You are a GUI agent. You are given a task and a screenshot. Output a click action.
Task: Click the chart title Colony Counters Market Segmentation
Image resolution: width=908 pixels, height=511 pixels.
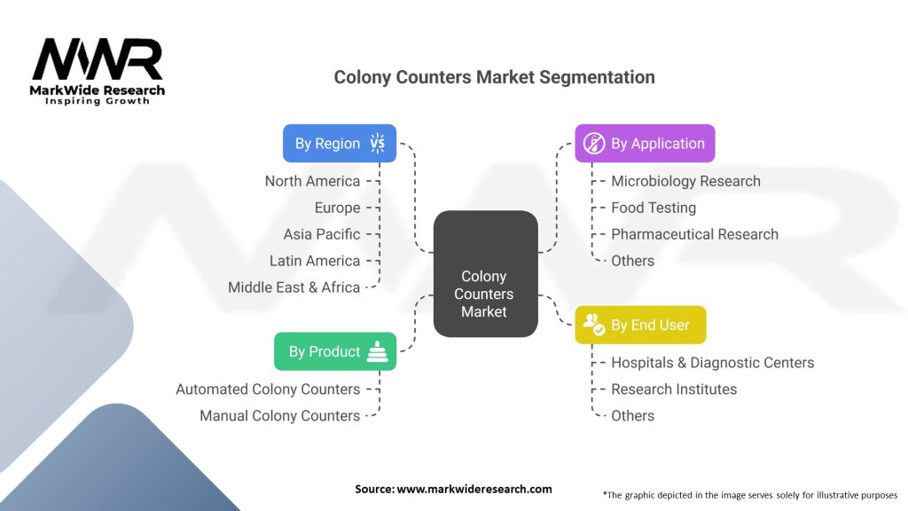point(494,77)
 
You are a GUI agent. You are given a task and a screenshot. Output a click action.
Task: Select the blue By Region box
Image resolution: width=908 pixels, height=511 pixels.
point(339,144)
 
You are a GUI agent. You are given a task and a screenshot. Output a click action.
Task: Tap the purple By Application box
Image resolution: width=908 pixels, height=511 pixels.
point(645,144)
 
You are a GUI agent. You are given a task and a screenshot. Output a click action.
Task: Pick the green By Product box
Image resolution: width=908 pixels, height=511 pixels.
point(335,351)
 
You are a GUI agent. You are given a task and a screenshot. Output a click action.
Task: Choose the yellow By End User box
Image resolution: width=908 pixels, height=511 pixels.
point(640,325)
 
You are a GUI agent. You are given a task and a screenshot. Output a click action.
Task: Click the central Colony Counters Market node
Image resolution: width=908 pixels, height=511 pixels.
point(484,294)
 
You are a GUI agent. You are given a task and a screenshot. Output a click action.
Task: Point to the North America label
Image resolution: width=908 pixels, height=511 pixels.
point(312,181)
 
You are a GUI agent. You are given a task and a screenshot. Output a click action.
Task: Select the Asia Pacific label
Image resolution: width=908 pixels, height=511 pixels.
point(322,234)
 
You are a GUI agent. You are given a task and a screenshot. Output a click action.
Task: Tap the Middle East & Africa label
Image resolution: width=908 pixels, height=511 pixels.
point(294,287)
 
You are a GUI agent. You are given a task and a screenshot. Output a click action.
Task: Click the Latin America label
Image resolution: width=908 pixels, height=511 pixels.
point(315,261)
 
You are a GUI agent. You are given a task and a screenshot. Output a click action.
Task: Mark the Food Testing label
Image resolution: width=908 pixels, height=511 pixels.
point(654,208)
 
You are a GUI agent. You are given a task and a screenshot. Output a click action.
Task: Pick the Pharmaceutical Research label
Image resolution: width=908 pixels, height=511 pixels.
point(694,234)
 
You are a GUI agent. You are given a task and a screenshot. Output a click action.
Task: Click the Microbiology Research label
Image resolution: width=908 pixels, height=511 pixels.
point(685,181)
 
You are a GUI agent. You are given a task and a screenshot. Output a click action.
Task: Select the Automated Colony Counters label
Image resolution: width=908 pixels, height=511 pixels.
point(268,389)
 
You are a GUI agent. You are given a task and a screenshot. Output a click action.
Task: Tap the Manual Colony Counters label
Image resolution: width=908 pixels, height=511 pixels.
point(279,416)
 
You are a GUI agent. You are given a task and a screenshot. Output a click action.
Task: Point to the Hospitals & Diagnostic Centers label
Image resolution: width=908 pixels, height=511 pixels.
point(712,363)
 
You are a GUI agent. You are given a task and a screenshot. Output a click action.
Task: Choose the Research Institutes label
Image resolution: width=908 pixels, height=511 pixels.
point(674,389)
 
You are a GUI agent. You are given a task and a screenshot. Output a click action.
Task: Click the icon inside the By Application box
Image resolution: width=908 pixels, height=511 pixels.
point(593,144)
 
